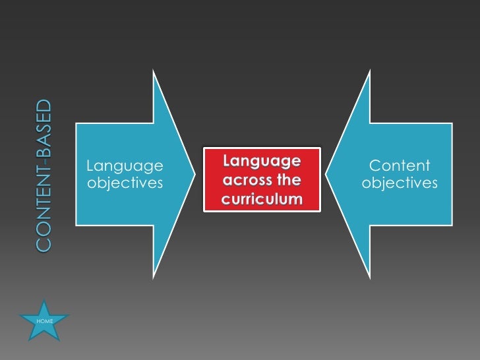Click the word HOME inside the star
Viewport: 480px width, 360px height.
(45, 320)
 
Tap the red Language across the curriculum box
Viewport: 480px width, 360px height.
(262, 179)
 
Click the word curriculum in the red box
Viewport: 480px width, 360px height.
(262, 198)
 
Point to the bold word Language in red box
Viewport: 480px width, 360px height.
(262, 161)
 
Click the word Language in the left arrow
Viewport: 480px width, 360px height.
(125, 165)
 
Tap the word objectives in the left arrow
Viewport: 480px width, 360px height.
(125, 183)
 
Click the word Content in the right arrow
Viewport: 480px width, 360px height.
(400, 165)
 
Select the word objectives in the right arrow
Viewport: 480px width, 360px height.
(400, 183)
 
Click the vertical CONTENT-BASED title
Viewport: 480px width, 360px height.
(43, 175)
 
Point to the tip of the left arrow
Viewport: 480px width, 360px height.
(195, 174)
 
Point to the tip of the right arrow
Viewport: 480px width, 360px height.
(329, 174)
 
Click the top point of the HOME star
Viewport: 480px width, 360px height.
(44, 300)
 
